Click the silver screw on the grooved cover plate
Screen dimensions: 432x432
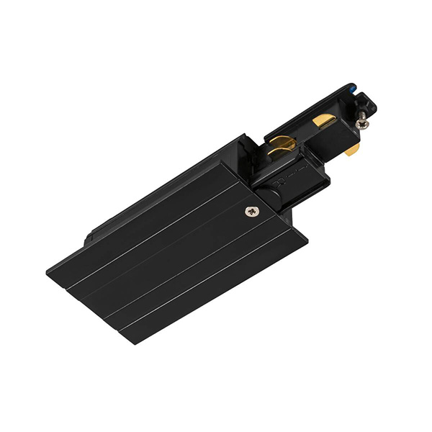pos(251,211)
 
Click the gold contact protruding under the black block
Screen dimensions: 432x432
pos(352,150)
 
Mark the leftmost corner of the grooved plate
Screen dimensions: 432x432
pos(47,272)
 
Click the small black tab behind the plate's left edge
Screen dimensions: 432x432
pos(91,235)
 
